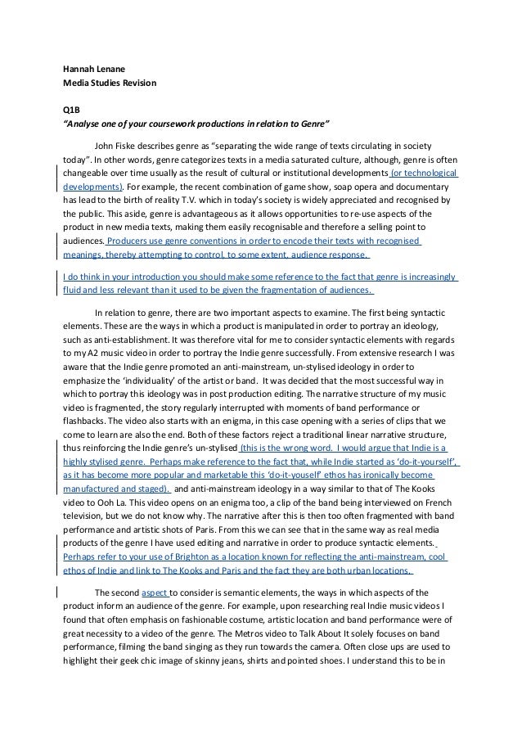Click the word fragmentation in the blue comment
[x=297, y=289]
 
